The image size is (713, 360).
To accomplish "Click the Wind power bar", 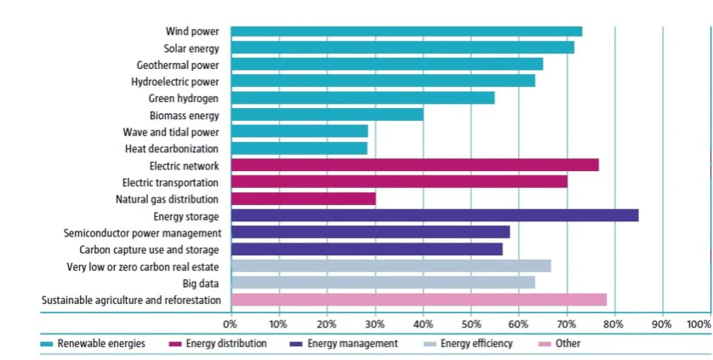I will [x=406, y=31].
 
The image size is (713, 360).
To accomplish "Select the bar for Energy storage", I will [x=434, y=216].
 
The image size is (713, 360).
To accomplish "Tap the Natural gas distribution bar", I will [x=303, y=199].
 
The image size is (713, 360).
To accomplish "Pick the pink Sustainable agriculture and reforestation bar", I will [x=419, y=300].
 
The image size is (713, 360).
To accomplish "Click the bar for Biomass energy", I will [x=327, y=115].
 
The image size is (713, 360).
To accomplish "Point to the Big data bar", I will [x=383, y=283].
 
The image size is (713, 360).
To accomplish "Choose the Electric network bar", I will [x=414, y=165].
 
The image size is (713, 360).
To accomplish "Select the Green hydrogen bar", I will [x=362, y=98].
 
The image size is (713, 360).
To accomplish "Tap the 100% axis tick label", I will [x=698, y=324].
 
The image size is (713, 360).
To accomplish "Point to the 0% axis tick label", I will [x=230, y=324].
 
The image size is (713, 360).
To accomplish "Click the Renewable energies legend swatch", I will [x=48, y=344].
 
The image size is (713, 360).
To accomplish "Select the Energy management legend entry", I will [x=352, y=344].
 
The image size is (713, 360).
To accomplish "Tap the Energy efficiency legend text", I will [x=476, y=344].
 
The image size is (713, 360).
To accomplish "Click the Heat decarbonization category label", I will [x=171, y=148].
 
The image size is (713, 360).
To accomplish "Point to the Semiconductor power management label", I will [x=142, y=232].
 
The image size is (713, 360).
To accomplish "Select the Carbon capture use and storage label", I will [x=149, y=249].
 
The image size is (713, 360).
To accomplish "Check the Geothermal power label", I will [x=177, y=65].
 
